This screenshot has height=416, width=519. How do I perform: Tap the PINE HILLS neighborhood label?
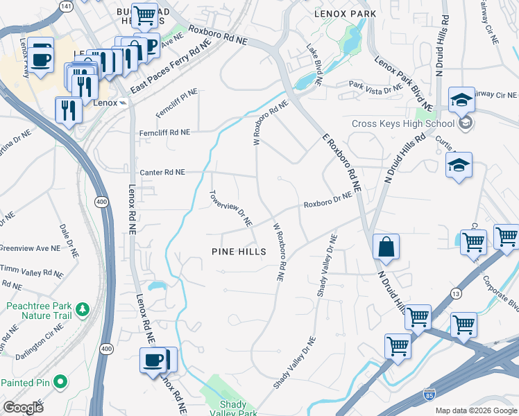click(239, 252)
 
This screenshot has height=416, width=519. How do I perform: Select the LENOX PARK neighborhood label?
click(345, 14)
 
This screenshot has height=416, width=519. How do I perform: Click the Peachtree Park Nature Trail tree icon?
click(82, 308)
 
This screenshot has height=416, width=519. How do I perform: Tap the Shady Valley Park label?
click(238, 408)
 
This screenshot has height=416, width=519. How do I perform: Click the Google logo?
click(23, 408)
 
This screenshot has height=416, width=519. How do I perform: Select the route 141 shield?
click(67, 6)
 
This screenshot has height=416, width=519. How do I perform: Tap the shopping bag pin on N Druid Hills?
click(386, 248)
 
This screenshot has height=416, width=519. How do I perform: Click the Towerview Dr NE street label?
click(231, 209)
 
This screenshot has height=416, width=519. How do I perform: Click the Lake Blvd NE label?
click(314, 66)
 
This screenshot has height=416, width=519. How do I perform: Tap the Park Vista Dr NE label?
click(375, 88)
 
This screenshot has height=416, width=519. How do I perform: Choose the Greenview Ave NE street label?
click(30, 247)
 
